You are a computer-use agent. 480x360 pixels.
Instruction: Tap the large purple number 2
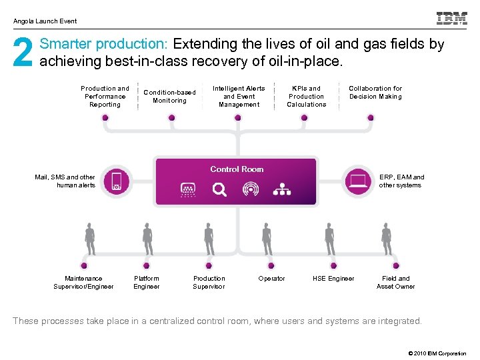tap(22, 53)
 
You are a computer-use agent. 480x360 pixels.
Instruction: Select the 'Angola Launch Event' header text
tap(45, 21)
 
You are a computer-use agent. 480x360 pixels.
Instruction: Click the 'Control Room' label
tap(237, 169)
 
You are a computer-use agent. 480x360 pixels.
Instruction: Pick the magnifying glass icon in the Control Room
tap(219, 190)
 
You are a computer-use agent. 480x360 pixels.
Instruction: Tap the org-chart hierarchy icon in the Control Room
tap(282, 190)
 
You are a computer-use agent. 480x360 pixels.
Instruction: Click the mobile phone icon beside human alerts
tap(117, 181)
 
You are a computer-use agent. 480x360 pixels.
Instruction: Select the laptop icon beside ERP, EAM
tap(358, 181)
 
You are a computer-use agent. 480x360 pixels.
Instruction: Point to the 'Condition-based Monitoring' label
tap(169, 97)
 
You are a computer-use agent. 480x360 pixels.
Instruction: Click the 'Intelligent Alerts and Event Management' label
tap(239, 97)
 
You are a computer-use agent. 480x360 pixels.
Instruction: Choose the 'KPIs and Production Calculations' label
tap(307, 97)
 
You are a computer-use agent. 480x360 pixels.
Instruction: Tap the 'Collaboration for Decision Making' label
tap(375, 93)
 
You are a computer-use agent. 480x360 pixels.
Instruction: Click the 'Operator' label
tap(271, 279)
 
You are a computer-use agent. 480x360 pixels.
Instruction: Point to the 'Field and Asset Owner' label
tap(395, 283)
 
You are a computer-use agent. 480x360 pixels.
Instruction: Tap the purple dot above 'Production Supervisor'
tap(209, 265)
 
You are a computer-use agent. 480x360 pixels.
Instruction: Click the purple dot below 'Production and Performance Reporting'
tap(105, 117)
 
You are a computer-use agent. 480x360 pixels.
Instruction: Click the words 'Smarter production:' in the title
tap(105, 45)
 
